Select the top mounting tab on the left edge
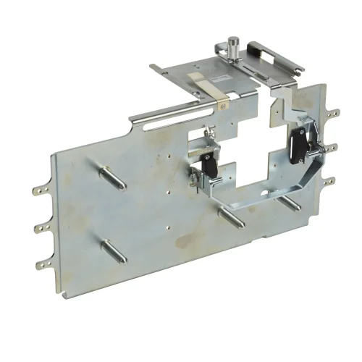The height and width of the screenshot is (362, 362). point(40,191)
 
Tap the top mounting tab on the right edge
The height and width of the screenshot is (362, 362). point(332,112)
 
